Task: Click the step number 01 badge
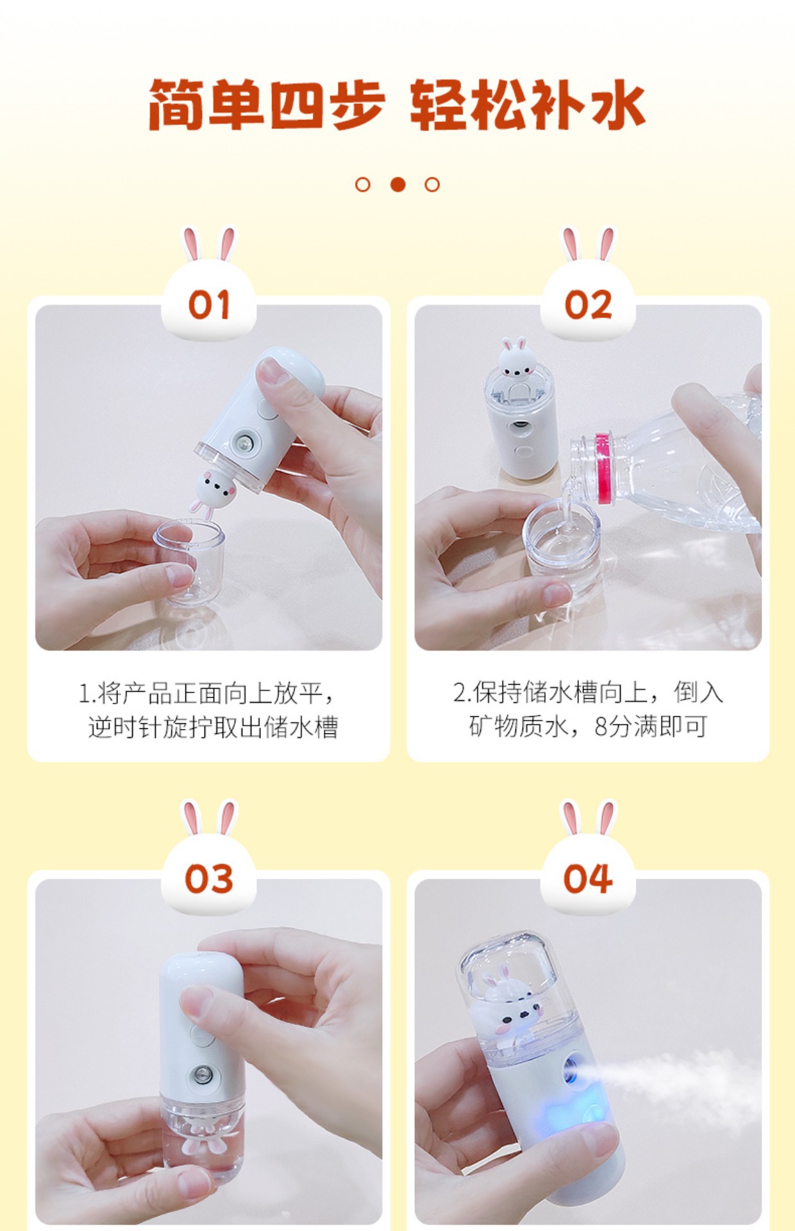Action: (208, 304)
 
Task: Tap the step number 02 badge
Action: (588, 304)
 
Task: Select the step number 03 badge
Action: (208, 878)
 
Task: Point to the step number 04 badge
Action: (588, 878)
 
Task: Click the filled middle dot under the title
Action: (397, 185)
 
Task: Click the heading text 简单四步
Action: (267, 105)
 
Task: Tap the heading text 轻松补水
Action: (527, 105)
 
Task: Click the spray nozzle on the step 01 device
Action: (244, 444)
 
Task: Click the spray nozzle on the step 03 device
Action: (202, 1073)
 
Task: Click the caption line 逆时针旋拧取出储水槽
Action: (213, 727)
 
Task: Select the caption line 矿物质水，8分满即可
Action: (587, 726)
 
